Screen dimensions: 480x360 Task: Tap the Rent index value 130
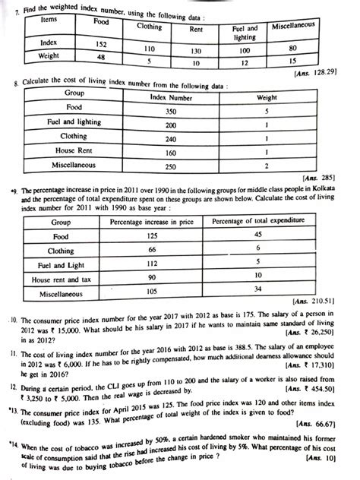tap(200, 52)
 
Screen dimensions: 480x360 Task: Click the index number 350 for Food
tap(172, 110)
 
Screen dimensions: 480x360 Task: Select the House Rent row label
tap(75, 152)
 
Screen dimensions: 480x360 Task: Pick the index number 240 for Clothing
tap(172, 138)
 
